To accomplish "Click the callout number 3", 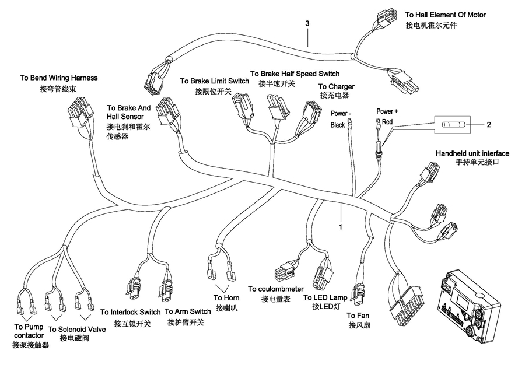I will point(307,24).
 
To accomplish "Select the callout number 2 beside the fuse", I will point(489,125).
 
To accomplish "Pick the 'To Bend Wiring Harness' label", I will point(58,78).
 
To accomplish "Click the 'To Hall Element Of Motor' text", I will point(445,15).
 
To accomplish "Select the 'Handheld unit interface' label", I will point(472,153).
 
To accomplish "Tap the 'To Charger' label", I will point(337,87).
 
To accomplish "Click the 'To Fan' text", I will point(358,315).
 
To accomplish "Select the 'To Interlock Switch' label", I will point(130,311).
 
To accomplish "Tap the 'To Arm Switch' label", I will point(188,311).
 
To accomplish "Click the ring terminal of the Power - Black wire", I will point(350,122).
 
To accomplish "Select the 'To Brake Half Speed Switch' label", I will point(295,73).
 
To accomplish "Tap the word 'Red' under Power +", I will point(388,123).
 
